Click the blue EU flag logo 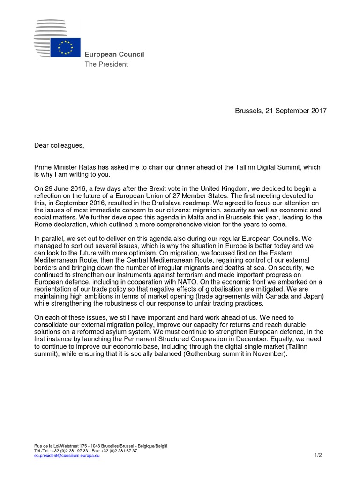pos(65,48)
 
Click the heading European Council pos(114,54)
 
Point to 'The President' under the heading pos(106,64)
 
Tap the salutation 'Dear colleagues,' pos(59,145)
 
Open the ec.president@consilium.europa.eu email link pos(67,455)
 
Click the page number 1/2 pos(318,455)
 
